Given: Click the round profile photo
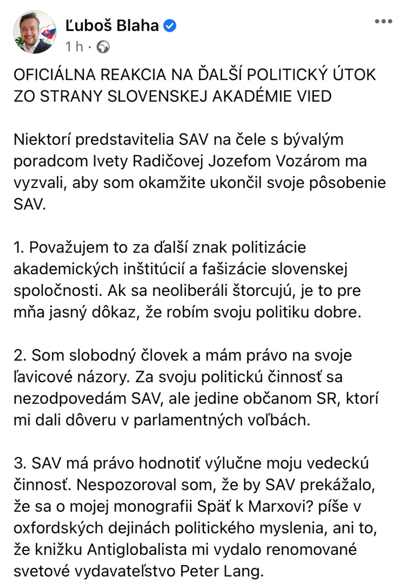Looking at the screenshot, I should pos(34,32).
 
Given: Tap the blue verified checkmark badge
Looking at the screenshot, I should pos(169,26).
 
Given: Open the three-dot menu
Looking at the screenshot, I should pos(383,21).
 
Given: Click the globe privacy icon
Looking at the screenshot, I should pos(104,47).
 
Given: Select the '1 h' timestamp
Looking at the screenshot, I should pos(74,47).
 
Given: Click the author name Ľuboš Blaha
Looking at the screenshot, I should pos(112,25).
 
